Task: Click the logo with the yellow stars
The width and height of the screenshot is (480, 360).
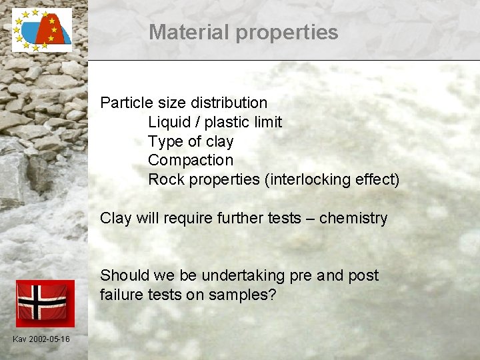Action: point(41,30)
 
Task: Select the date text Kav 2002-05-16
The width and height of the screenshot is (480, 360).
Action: point(41,339)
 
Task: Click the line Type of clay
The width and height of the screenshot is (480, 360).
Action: point(191,141)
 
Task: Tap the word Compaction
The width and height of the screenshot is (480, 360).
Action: point(191,160)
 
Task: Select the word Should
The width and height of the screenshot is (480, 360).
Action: point(125,275)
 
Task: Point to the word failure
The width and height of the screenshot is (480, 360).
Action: point(123,295)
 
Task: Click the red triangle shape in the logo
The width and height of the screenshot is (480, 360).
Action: point(49,30)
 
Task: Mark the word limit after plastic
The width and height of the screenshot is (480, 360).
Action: point(267,122)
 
